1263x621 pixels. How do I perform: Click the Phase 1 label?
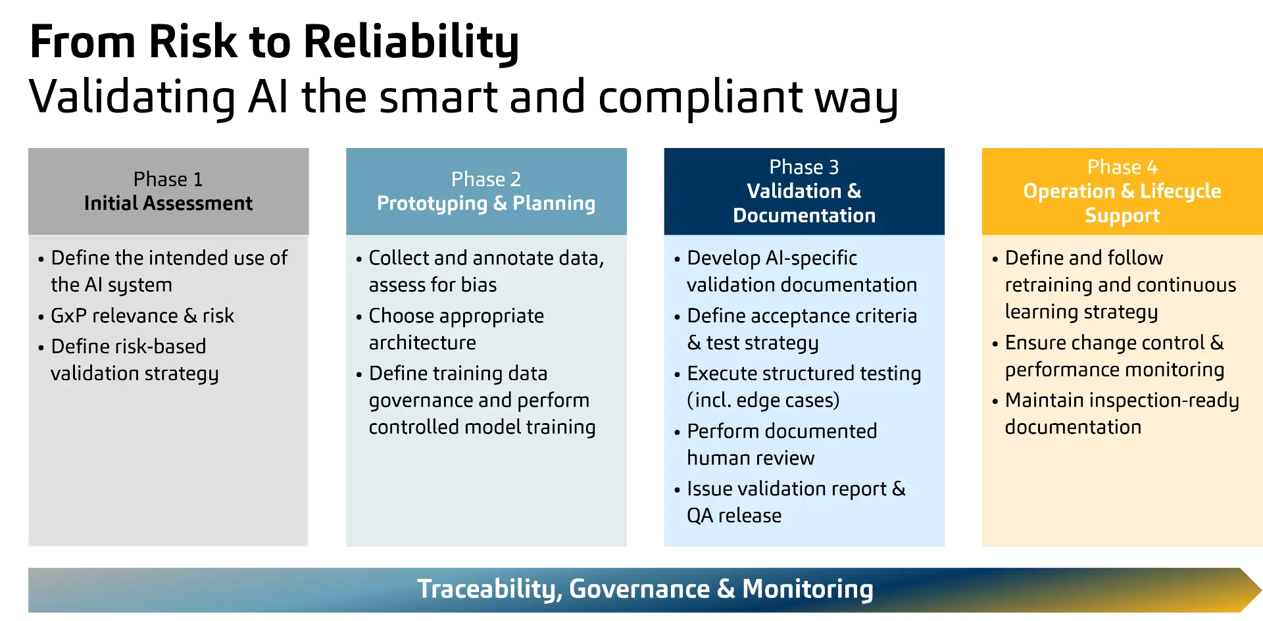168,179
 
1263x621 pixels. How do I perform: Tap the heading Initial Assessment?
168,203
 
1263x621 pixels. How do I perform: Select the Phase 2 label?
485,179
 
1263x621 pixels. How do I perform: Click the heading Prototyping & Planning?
485,203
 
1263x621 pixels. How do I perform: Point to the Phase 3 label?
804,167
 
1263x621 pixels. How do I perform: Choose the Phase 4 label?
1122,167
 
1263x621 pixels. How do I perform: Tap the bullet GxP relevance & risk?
142,316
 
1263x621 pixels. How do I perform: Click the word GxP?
68,316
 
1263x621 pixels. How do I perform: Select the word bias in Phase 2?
479,285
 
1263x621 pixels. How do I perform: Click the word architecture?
422,343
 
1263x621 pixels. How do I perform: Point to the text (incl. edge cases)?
763,400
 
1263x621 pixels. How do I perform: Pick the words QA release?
734,516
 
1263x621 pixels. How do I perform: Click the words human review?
751,458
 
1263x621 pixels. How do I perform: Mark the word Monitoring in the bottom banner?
807,589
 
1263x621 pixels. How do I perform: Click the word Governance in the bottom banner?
639,589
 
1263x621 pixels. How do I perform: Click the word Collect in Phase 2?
399,258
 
